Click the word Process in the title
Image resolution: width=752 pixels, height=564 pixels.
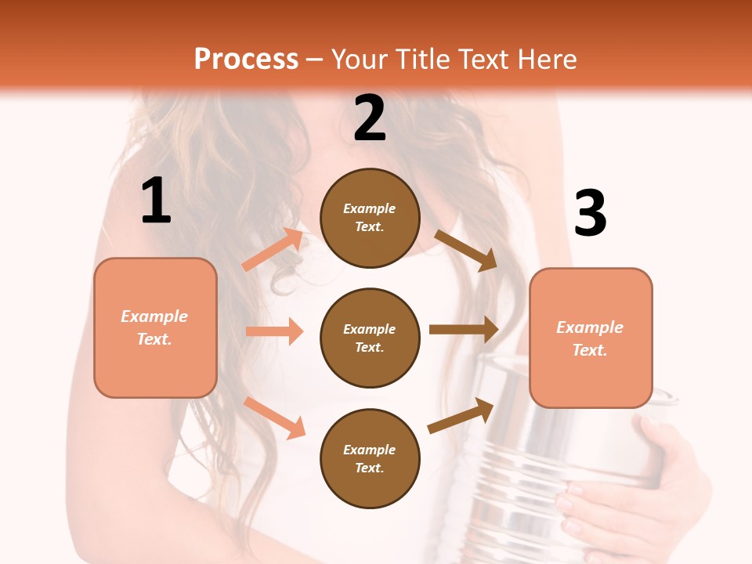[246, 60]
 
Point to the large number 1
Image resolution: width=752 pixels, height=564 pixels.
[156, 201]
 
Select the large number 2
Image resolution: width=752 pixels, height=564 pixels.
[370, 118]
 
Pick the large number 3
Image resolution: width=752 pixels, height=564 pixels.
[590, 214]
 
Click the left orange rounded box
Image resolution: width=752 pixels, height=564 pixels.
[155, 327]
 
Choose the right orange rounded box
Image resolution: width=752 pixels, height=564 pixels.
[591, 338]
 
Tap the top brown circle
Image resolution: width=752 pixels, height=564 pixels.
[370, 218]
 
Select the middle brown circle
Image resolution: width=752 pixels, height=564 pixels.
[370, 338]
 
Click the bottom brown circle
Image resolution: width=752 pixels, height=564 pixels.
[370, 459]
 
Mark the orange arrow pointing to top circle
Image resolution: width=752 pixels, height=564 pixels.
[273, 250]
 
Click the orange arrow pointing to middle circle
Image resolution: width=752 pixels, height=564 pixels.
[274, 331]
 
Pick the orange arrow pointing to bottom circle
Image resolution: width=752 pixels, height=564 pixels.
[274, 418]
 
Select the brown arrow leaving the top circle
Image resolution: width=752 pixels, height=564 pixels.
[466, 250]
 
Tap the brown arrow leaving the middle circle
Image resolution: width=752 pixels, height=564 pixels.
[464, 330]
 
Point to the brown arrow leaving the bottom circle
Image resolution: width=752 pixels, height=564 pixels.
[461, 416]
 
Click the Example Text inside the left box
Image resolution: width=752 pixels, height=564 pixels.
[155, 327]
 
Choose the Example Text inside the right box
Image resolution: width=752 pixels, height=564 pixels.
[591, 338]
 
